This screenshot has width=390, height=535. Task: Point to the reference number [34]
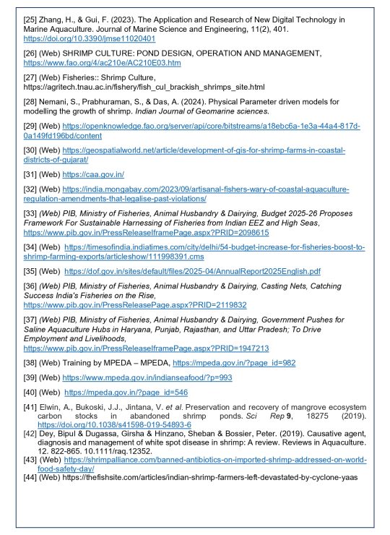[32, 247]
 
